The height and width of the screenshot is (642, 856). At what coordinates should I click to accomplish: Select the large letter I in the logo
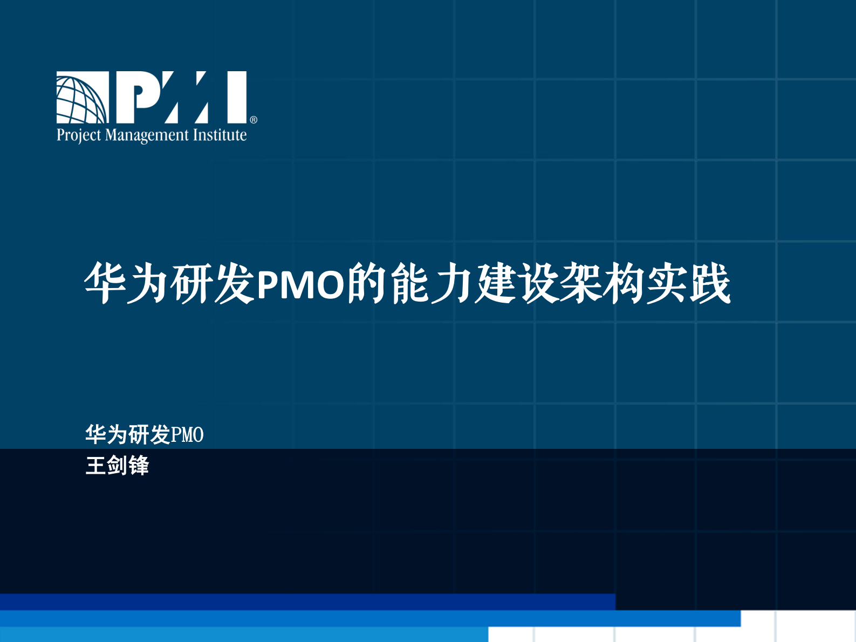[236, 97]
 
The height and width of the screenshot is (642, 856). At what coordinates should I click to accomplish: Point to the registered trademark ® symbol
[254, 120]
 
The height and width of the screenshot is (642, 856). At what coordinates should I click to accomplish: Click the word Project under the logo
[79, 135]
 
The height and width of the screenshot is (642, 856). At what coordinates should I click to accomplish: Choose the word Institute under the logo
[220, 135]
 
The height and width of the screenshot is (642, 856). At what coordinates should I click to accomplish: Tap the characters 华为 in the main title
[127, 284]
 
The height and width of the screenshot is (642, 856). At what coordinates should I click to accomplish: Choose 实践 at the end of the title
[688, 284]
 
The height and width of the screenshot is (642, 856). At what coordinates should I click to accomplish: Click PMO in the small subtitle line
[187, 435]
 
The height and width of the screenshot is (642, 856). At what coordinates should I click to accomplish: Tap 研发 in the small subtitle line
[149, 435]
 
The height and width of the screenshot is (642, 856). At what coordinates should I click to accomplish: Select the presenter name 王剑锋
[117, 466]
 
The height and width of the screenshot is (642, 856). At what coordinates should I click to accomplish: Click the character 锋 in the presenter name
[139, 466]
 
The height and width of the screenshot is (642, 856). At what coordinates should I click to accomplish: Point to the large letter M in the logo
[181, 97]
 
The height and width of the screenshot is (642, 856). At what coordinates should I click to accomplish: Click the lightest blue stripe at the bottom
[243, 634]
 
